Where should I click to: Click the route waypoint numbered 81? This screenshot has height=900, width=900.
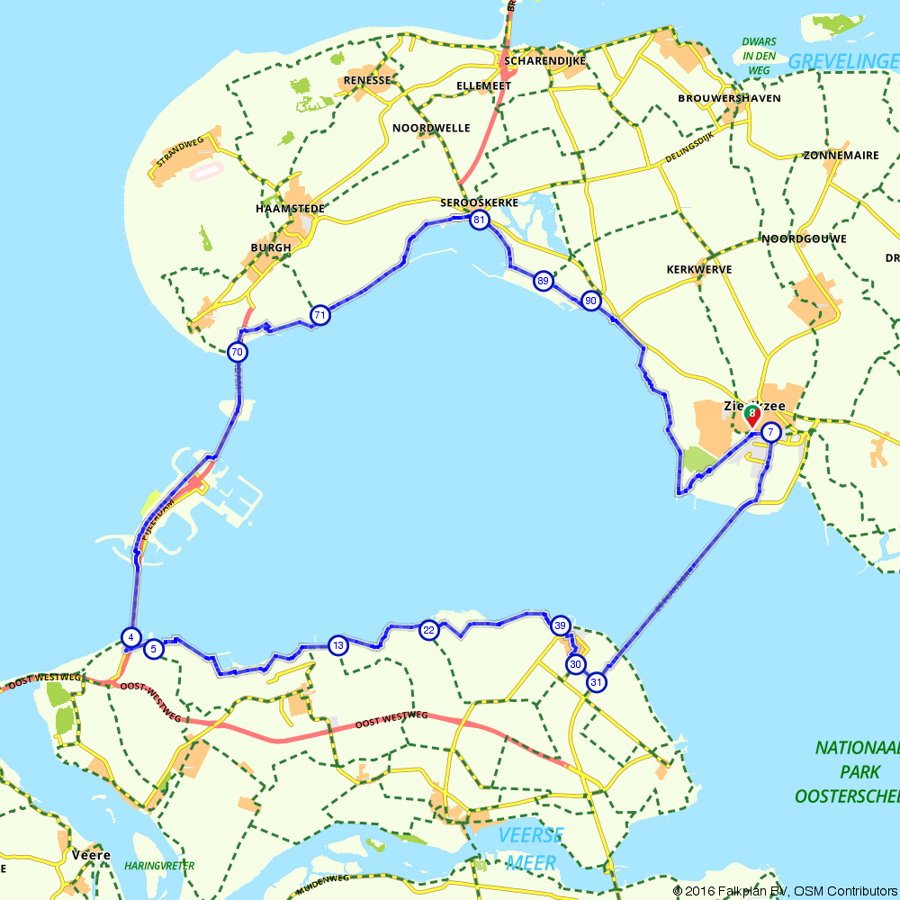click(x=480, y=220)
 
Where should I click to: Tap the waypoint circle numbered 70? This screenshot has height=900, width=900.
click(x=237, y=352)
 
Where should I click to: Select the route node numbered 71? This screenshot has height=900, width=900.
click(x=319, y=315)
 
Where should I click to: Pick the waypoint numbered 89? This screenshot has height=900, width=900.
click(x=542, y=281)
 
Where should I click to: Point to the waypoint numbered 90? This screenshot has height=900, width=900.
click(x=590, y=301)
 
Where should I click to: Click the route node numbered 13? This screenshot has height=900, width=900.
click(x=337, y=644)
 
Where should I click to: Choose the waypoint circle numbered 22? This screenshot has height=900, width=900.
click(x=428, y=630)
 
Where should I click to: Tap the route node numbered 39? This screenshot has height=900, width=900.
click(x=560, y=625)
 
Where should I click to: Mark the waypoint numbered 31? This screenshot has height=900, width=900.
click(x=596, y=683)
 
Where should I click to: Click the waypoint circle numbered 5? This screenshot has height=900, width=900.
click(x=154, y=648)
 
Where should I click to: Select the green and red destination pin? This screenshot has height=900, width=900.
click(x=751, y=415)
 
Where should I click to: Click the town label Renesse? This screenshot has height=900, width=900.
click(x=367, y=80)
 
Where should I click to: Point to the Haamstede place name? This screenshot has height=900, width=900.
click(x=290, y=208)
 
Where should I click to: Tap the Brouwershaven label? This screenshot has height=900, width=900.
click(x=729, y=97)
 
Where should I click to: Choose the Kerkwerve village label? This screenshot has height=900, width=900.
click(x=698, y=269)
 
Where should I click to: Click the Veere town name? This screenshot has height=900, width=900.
click(x=91, y=855)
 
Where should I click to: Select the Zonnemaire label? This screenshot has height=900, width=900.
click(x=840, y=155)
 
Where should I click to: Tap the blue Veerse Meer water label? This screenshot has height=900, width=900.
click(x=534, y=849)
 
